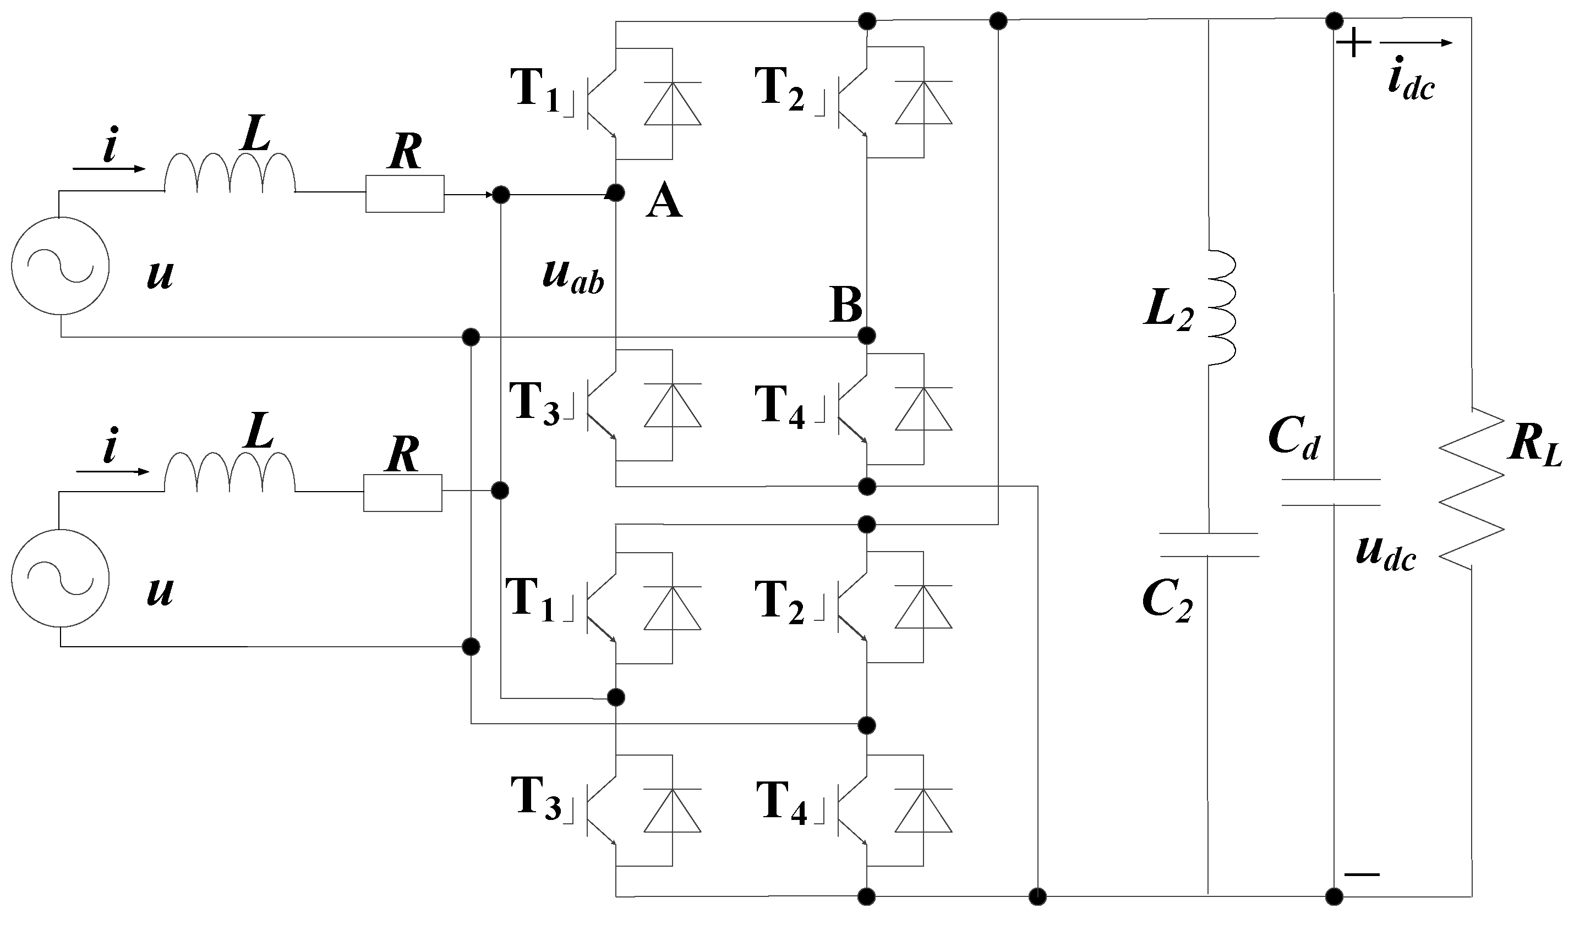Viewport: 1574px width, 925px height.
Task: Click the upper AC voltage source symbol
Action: click(x=60, y=266)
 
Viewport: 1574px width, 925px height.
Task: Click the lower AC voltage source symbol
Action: click(x=60, y=579)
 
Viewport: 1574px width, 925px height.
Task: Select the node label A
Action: click(x=663, y=203)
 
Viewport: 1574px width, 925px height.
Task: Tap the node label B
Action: click(x=846, y=305)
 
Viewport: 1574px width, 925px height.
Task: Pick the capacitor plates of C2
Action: click(x=1208, y=544)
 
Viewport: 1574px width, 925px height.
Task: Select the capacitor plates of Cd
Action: click(x=1331, y=492)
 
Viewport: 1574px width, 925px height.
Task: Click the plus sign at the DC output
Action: click(x=1353, y=43)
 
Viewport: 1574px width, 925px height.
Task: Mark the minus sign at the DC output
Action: click(x=1362, y=874)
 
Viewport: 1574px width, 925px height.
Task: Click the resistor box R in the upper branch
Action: click(x=405, y=194)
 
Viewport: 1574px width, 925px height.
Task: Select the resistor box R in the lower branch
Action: click(x=403, y=493)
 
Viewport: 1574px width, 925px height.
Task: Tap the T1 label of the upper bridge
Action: click(x=535, y=89)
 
